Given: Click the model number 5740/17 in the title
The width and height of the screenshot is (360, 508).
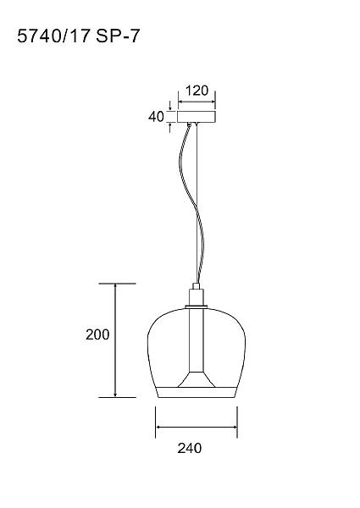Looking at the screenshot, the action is pos(53,36).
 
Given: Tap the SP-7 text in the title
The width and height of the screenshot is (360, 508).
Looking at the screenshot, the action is pos(118,36).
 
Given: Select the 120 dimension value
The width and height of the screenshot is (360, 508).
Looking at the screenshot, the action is pos(197,91).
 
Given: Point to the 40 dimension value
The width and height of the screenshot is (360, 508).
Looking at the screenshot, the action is pos(156,117).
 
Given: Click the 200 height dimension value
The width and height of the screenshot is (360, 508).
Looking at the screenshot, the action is pos(97,334).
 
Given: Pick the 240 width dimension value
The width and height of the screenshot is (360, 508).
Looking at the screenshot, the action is pos(190,448).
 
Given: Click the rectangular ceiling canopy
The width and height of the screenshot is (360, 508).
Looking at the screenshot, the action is pos(197,117).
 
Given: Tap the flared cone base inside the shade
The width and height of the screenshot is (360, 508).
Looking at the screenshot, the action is pos(197,379).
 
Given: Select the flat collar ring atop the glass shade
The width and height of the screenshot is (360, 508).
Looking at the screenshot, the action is pos(197,306).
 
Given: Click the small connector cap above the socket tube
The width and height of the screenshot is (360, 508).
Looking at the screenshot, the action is pos(197,286).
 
